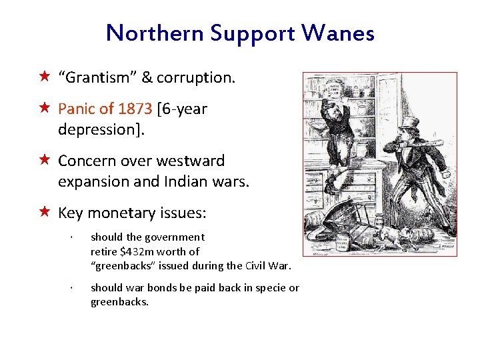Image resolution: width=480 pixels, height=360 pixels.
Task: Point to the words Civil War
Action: tap(269, 265)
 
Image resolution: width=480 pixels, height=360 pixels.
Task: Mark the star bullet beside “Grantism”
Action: tap(44, 77)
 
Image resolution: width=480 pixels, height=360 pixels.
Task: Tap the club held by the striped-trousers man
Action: tap(427, 143)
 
